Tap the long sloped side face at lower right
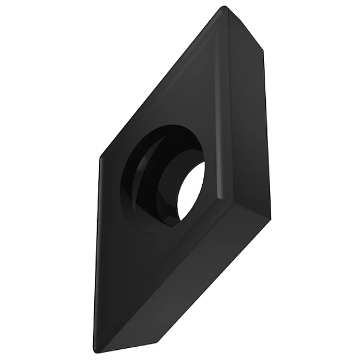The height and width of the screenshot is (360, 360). pos(192,276)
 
